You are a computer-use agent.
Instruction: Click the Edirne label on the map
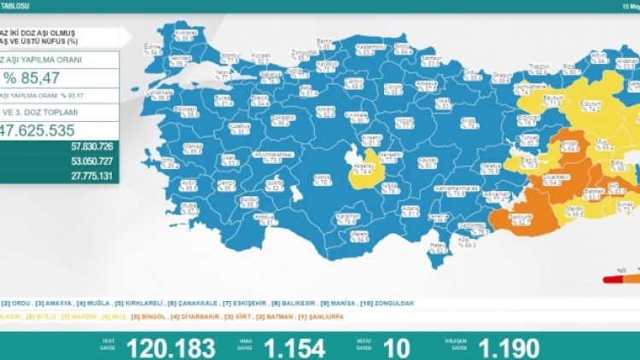[x=154, y=49]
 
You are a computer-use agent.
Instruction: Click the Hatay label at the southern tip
[x=438, y=246]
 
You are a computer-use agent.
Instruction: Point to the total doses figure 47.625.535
[x=51, y=131]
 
